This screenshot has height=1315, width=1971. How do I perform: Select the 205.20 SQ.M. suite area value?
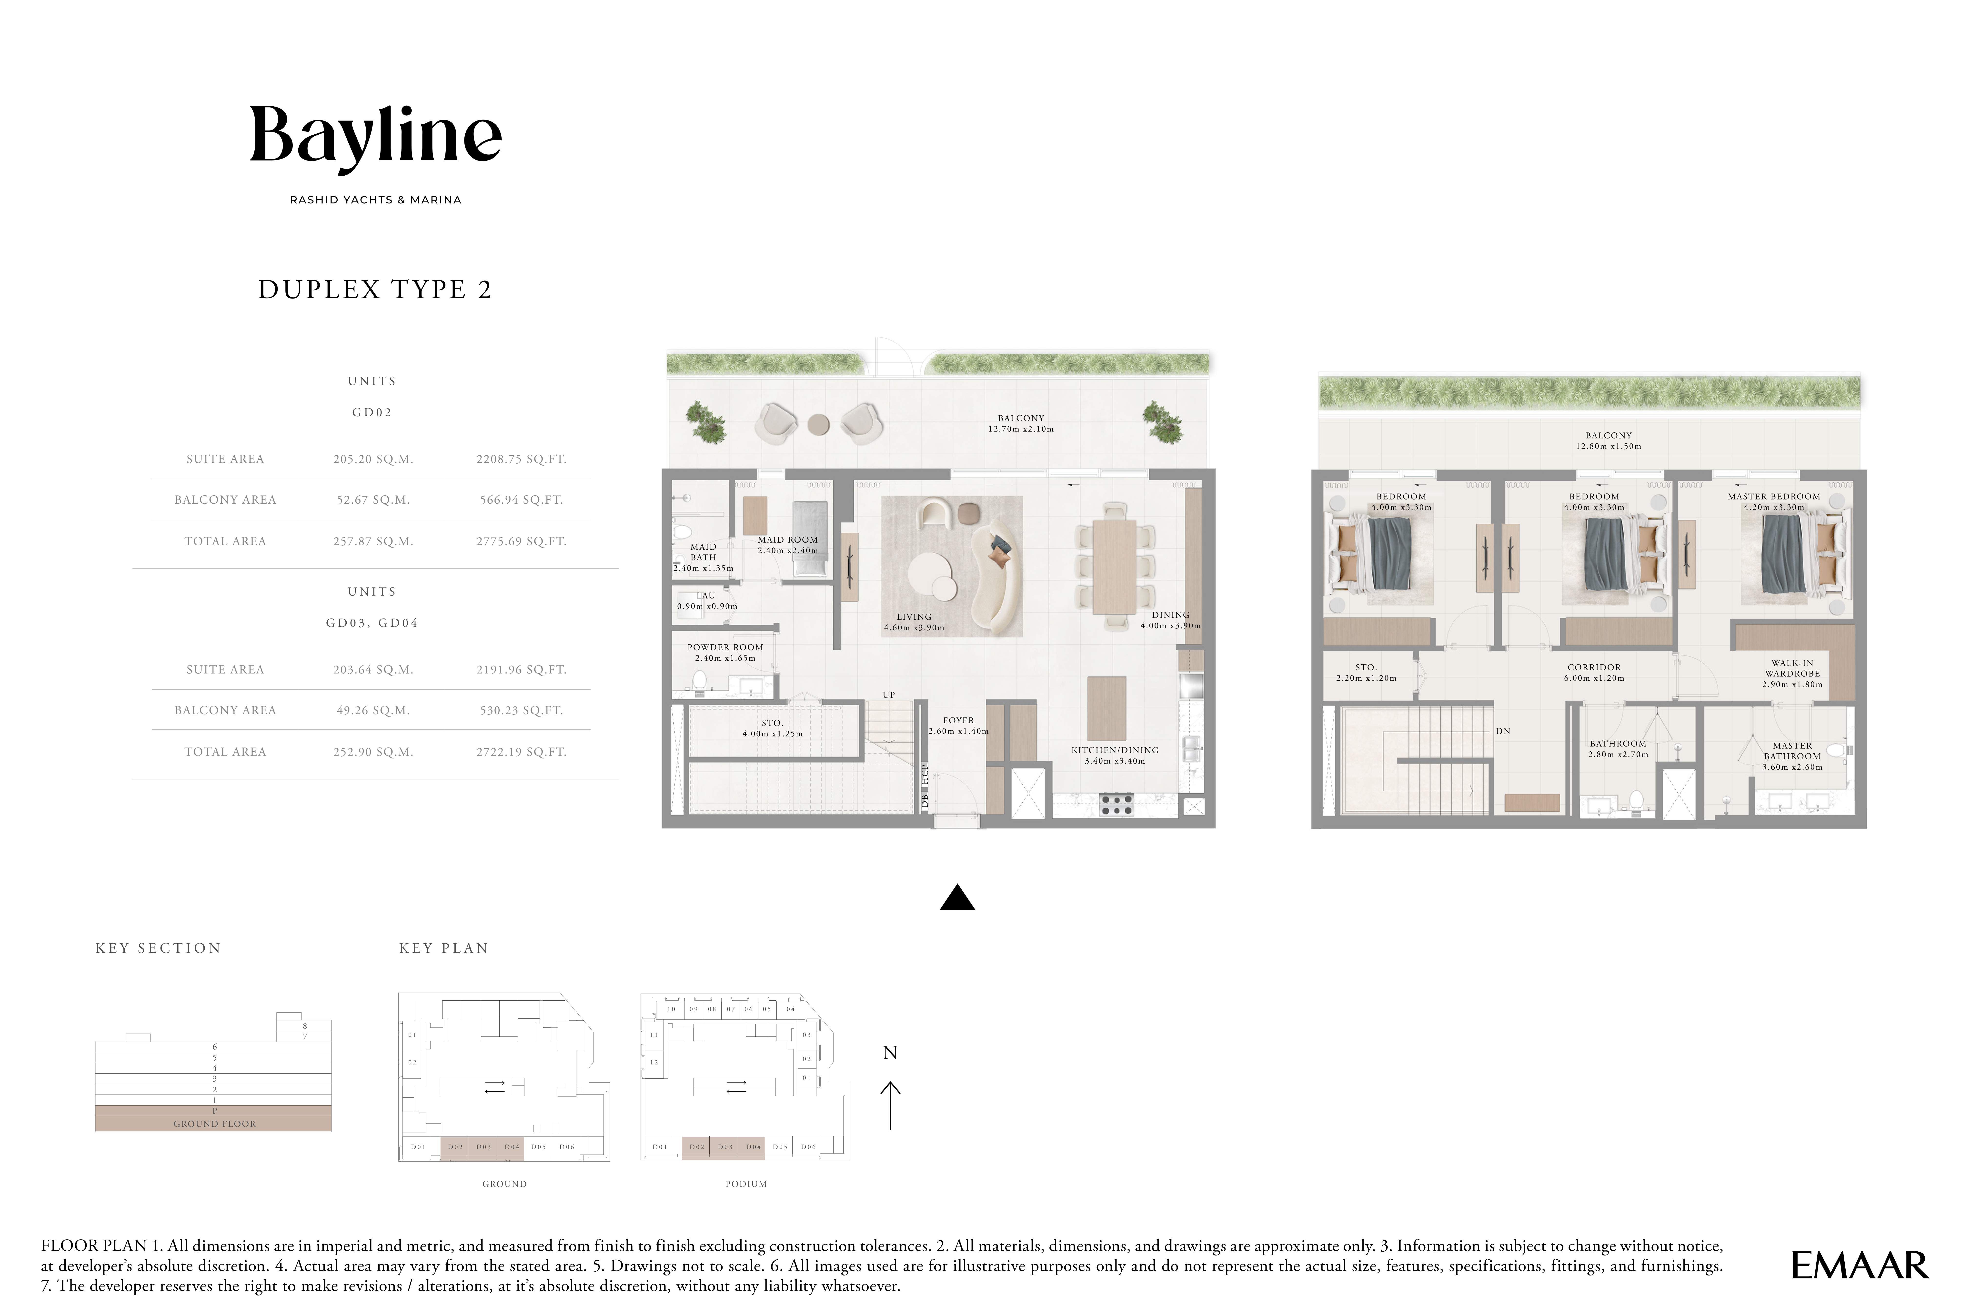point(373,459)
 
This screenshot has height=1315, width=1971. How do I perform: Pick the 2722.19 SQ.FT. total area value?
point(522,752)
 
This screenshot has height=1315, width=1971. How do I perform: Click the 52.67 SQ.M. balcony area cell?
point(373,500)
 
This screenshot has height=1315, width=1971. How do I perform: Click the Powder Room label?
point(725,648)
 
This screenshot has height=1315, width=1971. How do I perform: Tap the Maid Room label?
point(788,540)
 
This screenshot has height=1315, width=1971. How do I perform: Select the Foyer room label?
point(959,720)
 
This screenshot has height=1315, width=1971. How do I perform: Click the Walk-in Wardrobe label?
point(1792,668)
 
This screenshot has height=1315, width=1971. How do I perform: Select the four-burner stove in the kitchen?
point(1117,805)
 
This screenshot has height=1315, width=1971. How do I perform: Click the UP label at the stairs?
point(889,694)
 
